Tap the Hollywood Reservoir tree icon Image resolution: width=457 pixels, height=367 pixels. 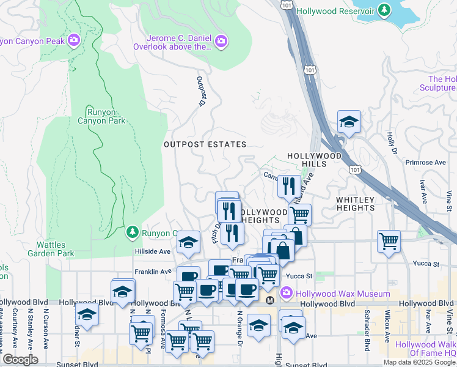tap(384, 10)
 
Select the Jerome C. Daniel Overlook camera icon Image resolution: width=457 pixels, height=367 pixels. tap(221, 42)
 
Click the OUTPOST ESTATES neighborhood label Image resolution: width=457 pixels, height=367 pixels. tap(205, 144)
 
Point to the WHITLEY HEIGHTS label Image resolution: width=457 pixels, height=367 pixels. tap(355, 204)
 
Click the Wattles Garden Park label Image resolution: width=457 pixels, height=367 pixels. tap(42, 249)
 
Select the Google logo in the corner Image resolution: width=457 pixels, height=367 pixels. tap(20, 360)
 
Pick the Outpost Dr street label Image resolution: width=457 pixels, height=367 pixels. tap(200, 91)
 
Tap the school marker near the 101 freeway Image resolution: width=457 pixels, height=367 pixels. tap(349, 121)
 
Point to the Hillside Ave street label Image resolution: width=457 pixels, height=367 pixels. tap(153, 251)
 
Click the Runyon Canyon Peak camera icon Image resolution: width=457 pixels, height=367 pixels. tap(75, 41)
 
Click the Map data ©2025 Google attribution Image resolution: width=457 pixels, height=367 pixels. tap(419, 362)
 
